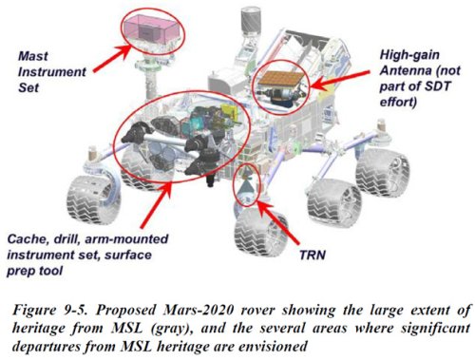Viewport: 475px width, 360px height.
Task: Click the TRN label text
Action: point(313,255)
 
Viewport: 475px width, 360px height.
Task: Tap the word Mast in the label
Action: point(33,56)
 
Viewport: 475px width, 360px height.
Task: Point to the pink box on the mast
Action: point(151,29)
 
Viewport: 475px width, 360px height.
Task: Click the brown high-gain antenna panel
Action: point(278,79)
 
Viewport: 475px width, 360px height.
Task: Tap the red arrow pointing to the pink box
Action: point(112,59)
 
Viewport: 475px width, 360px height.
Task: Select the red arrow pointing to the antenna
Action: point(339,80)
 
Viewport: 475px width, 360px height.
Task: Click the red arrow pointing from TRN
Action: point(277,222)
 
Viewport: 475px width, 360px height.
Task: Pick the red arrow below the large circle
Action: point(155,205)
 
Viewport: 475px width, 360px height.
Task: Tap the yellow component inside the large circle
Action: point(230,111)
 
